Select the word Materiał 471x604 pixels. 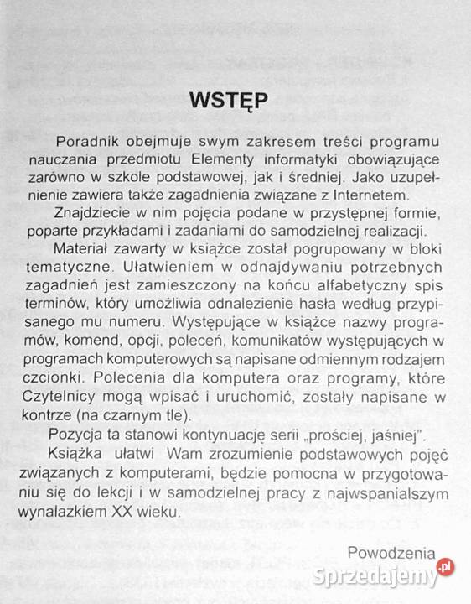point(88,251)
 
